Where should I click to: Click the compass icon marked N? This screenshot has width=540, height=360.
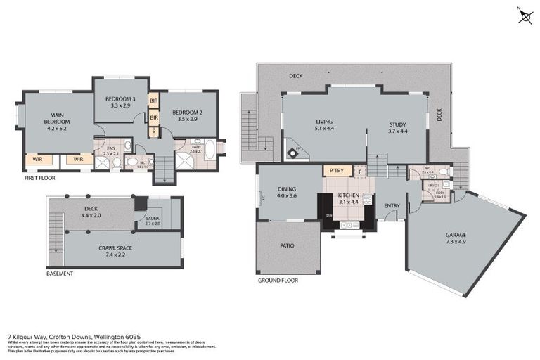(525, 16)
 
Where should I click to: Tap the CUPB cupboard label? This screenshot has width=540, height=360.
(153, 130)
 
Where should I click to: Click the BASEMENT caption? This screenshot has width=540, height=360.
(59, 274)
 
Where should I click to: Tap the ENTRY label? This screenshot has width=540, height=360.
(391, 206)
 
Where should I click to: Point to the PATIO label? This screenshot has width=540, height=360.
(286, 245)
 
